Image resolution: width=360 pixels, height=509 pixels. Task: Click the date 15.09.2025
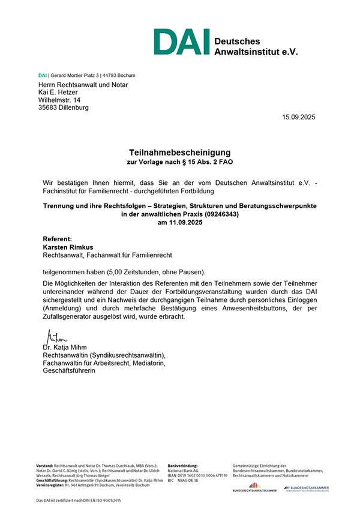coord(298,117)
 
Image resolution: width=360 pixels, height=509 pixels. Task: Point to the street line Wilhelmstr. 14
coord(59,100)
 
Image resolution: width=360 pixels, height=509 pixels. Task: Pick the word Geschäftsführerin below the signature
coord(68,370)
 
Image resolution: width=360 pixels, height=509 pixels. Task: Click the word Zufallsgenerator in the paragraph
coord(65,316)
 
